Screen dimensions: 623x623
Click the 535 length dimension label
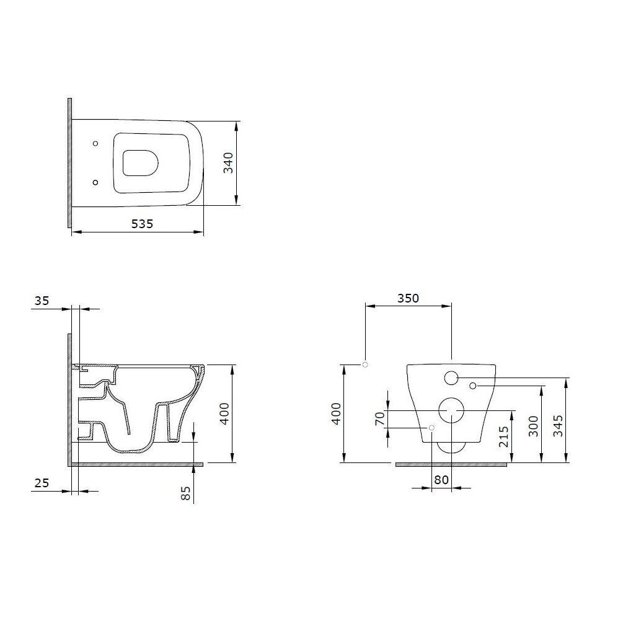point(142,224)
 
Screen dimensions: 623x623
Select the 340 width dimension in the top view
point(229,163)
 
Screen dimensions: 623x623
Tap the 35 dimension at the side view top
point(42,301)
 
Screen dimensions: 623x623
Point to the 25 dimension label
point(42,483)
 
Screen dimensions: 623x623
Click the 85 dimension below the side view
point(185,493)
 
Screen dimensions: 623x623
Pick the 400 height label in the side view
point(224,414)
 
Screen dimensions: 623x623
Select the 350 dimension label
point(408,298)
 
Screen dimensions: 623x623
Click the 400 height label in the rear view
point(337,414)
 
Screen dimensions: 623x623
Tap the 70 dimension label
point(380,419)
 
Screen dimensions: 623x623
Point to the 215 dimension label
point(504,436)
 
